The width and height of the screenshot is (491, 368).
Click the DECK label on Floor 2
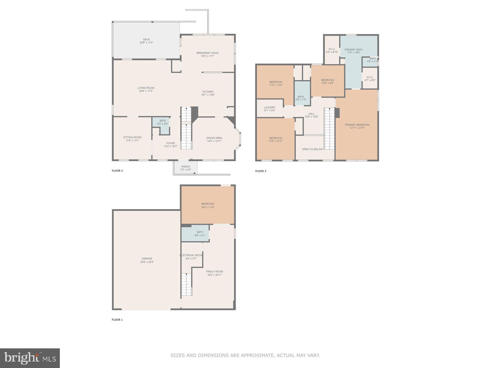pos(146,40)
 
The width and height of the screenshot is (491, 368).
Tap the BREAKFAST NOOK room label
pos(207,53)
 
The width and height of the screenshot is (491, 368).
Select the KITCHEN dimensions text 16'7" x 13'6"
pos(208,95)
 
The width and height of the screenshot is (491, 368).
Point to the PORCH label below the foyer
pos(185,167)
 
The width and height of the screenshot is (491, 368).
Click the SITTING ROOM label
pos(132,137)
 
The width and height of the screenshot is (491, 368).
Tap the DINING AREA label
pos(214,138)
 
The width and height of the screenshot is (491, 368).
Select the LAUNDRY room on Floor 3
pos(270,108)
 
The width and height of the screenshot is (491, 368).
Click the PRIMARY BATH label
pos(353,50)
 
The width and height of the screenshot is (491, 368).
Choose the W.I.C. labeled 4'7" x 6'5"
pos(369,79)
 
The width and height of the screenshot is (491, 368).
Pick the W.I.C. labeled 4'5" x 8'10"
pos(332,51)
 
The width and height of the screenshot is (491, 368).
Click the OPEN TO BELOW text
pos(312,149)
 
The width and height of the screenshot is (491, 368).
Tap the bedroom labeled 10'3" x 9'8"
pos(327,82)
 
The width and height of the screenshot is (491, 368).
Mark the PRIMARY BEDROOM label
pos(357,125)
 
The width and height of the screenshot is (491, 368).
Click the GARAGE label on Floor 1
pos(147,259)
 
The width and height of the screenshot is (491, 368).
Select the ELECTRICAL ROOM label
pos(191,255)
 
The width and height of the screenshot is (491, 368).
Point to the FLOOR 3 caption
pos(261,171)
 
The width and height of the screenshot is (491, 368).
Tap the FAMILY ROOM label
pos(214,271)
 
